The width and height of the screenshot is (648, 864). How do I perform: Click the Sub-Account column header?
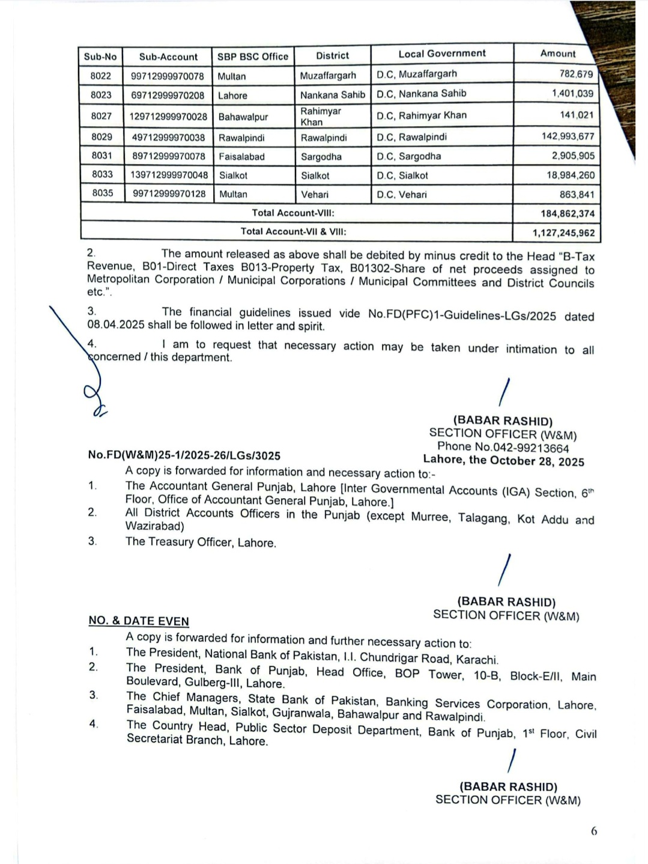(168, 57)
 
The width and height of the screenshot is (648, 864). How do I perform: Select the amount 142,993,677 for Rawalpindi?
(568, 136)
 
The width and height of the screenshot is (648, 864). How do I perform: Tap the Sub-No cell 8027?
(101, 116)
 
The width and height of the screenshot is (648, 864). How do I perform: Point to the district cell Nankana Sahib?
(333, 95)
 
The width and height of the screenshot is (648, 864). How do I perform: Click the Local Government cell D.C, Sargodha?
(408, 156)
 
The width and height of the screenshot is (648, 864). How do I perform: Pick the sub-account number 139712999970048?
(169, 175)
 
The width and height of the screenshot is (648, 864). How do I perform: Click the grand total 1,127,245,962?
(563, 233)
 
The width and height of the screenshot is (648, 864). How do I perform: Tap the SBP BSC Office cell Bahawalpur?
(243, 117)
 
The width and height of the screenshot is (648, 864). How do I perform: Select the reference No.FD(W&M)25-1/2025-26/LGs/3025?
(184, 455)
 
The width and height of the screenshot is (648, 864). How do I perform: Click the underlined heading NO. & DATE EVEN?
(139, 621)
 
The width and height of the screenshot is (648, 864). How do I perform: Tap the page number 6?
(594, 832)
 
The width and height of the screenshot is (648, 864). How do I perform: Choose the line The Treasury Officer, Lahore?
(201, 543)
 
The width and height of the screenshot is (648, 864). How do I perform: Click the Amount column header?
(557, 53)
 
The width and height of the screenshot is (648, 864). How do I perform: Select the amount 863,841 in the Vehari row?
(577, 195)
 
